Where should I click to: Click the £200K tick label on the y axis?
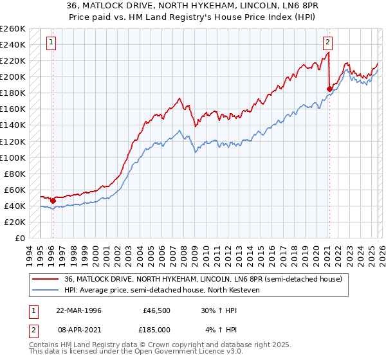[x=13, y=76]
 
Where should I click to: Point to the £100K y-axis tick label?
[x=13, y=157]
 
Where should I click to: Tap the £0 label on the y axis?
[x=21, y=238]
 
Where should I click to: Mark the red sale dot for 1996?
[x=53, y=201]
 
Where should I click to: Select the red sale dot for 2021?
[x=329, y=89]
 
